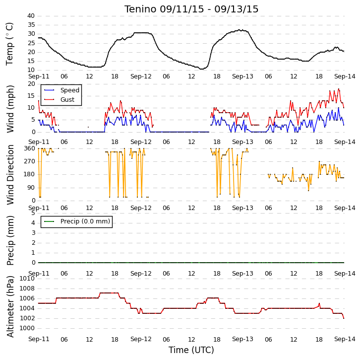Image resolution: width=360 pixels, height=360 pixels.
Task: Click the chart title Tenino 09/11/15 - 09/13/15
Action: click(x=191, y=9)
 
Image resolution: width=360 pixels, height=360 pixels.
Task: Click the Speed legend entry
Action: click(x=62, y=90)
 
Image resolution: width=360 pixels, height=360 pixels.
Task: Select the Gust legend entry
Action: click(x=59, y=99)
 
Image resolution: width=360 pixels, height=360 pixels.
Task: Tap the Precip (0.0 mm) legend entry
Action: click(x=77, y=221)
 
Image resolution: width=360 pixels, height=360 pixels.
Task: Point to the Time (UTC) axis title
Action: click(x=191, y=350)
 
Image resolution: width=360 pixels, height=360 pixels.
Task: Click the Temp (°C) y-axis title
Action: click(x=9, y=44)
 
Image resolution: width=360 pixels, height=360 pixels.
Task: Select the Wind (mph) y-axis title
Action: click(x=10, y=109)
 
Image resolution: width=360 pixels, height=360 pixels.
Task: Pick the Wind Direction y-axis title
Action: click(x=10, y=175)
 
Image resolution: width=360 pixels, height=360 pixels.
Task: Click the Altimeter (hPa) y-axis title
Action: click(x=10, y=306)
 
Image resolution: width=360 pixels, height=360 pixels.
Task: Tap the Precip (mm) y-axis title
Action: click(x=10, y=240)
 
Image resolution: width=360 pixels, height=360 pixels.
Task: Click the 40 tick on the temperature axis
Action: click(x=31, y=16)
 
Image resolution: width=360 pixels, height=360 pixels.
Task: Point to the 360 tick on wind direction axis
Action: click(x=30, y=148)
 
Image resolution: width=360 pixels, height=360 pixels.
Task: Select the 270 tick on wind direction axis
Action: click(x=30, y=161)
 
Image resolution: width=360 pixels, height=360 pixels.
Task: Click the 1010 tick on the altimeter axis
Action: click(x=27, y=279)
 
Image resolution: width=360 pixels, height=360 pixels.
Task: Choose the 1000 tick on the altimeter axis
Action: click(x=27, y=328)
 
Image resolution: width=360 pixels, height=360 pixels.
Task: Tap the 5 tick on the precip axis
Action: click(x=34, y=213)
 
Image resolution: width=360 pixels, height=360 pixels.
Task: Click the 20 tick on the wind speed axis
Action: click(x=31, y=84)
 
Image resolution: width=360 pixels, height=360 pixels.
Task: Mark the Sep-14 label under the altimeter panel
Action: click(x=345, y=339)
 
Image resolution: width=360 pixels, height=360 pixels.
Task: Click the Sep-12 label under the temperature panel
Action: click(x=141, y=76)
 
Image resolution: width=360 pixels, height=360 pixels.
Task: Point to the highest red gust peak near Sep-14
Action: click(x=339, y=89)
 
